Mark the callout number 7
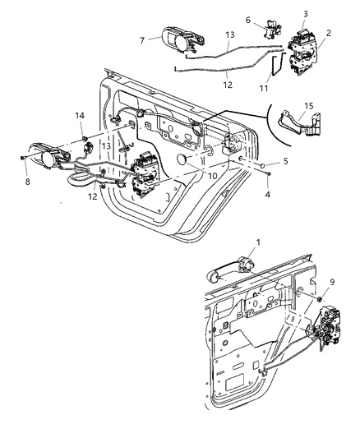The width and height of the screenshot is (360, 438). tap(143, 39)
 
